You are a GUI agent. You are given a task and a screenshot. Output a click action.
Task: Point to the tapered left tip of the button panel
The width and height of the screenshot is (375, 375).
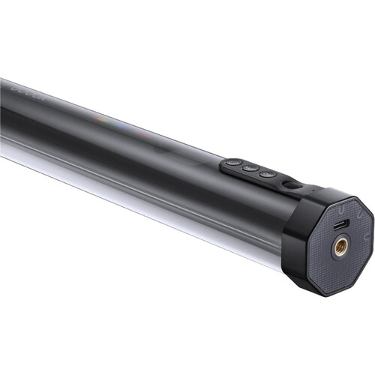[x=222, y=166]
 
